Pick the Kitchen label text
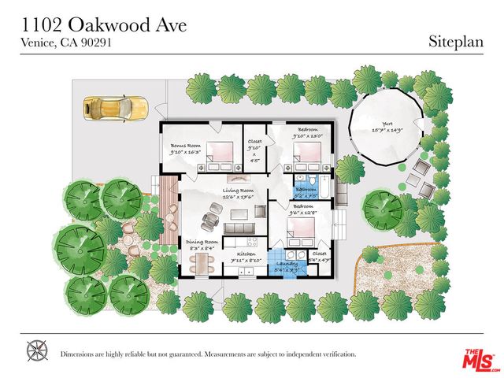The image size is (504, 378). coord(241,253)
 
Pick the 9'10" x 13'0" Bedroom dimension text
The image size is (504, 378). coord(308,136)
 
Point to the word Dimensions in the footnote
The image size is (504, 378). coord(80,354)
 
